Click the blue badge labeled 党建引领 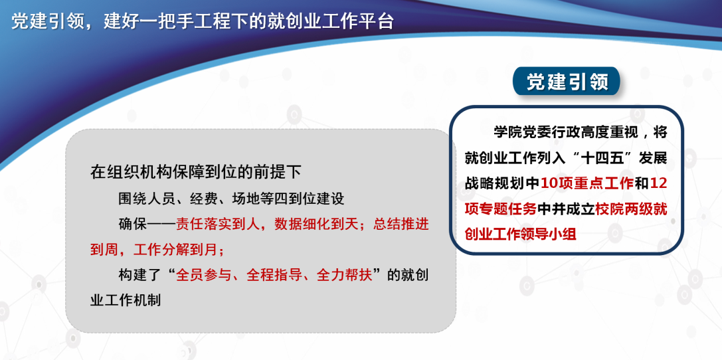[567, 82]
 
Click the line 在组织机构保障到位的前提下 [196, 172]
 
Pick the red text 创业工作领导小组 [521, 234]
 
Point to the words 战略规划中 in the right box [502, 184]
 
